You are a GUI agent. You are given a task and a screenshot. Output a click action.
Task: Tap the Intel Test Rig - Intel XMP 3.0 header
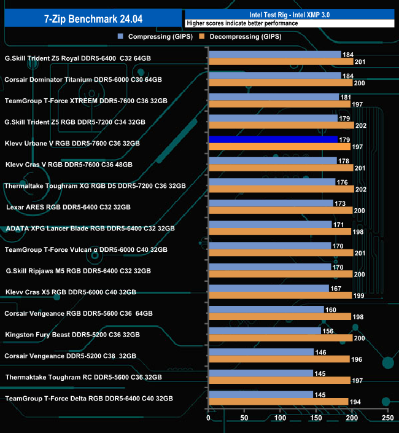[289, 14]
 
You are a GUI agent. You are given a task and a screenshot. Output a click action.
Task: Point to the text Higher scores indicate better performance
[242, 23]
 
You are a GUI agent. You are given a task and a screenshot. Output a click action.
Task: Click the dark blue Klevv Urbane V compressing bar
[273, 139]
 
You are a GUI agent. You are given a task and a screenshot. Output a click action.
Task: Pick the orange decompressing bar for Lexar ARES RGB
[281, 211]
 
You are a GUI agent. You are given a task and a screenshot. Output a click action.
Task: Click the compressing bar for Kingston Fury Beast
[265, 331]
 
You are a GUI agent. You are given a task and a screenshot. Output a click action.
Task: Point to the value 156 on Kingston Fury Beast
[328, 331]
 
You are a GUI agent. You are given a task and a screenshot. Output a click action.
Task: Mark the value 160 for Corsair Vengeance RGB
[331, 310]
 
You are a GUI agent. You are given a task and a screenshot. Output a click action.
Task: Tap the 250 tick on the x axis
[387, 418]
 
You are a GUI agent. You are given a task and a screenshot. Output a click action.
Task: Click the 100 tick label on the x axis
[281, 418]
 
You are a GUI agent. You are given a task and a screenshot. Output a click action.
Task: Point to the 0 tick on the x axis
[209, 418]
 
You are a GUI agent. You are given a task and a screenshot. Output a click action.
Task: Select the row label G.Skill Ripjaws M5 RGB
[78, 270]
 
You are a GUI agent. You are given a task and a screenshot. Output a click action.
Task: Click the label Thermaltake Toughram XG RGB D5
[95, 185]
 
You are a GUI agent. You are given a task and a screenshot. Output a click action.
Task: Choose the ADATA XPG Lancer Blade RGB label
[90, 228]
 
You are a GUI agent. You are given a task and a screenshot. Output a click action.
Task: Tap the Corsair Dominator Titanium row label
[83, 79]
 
